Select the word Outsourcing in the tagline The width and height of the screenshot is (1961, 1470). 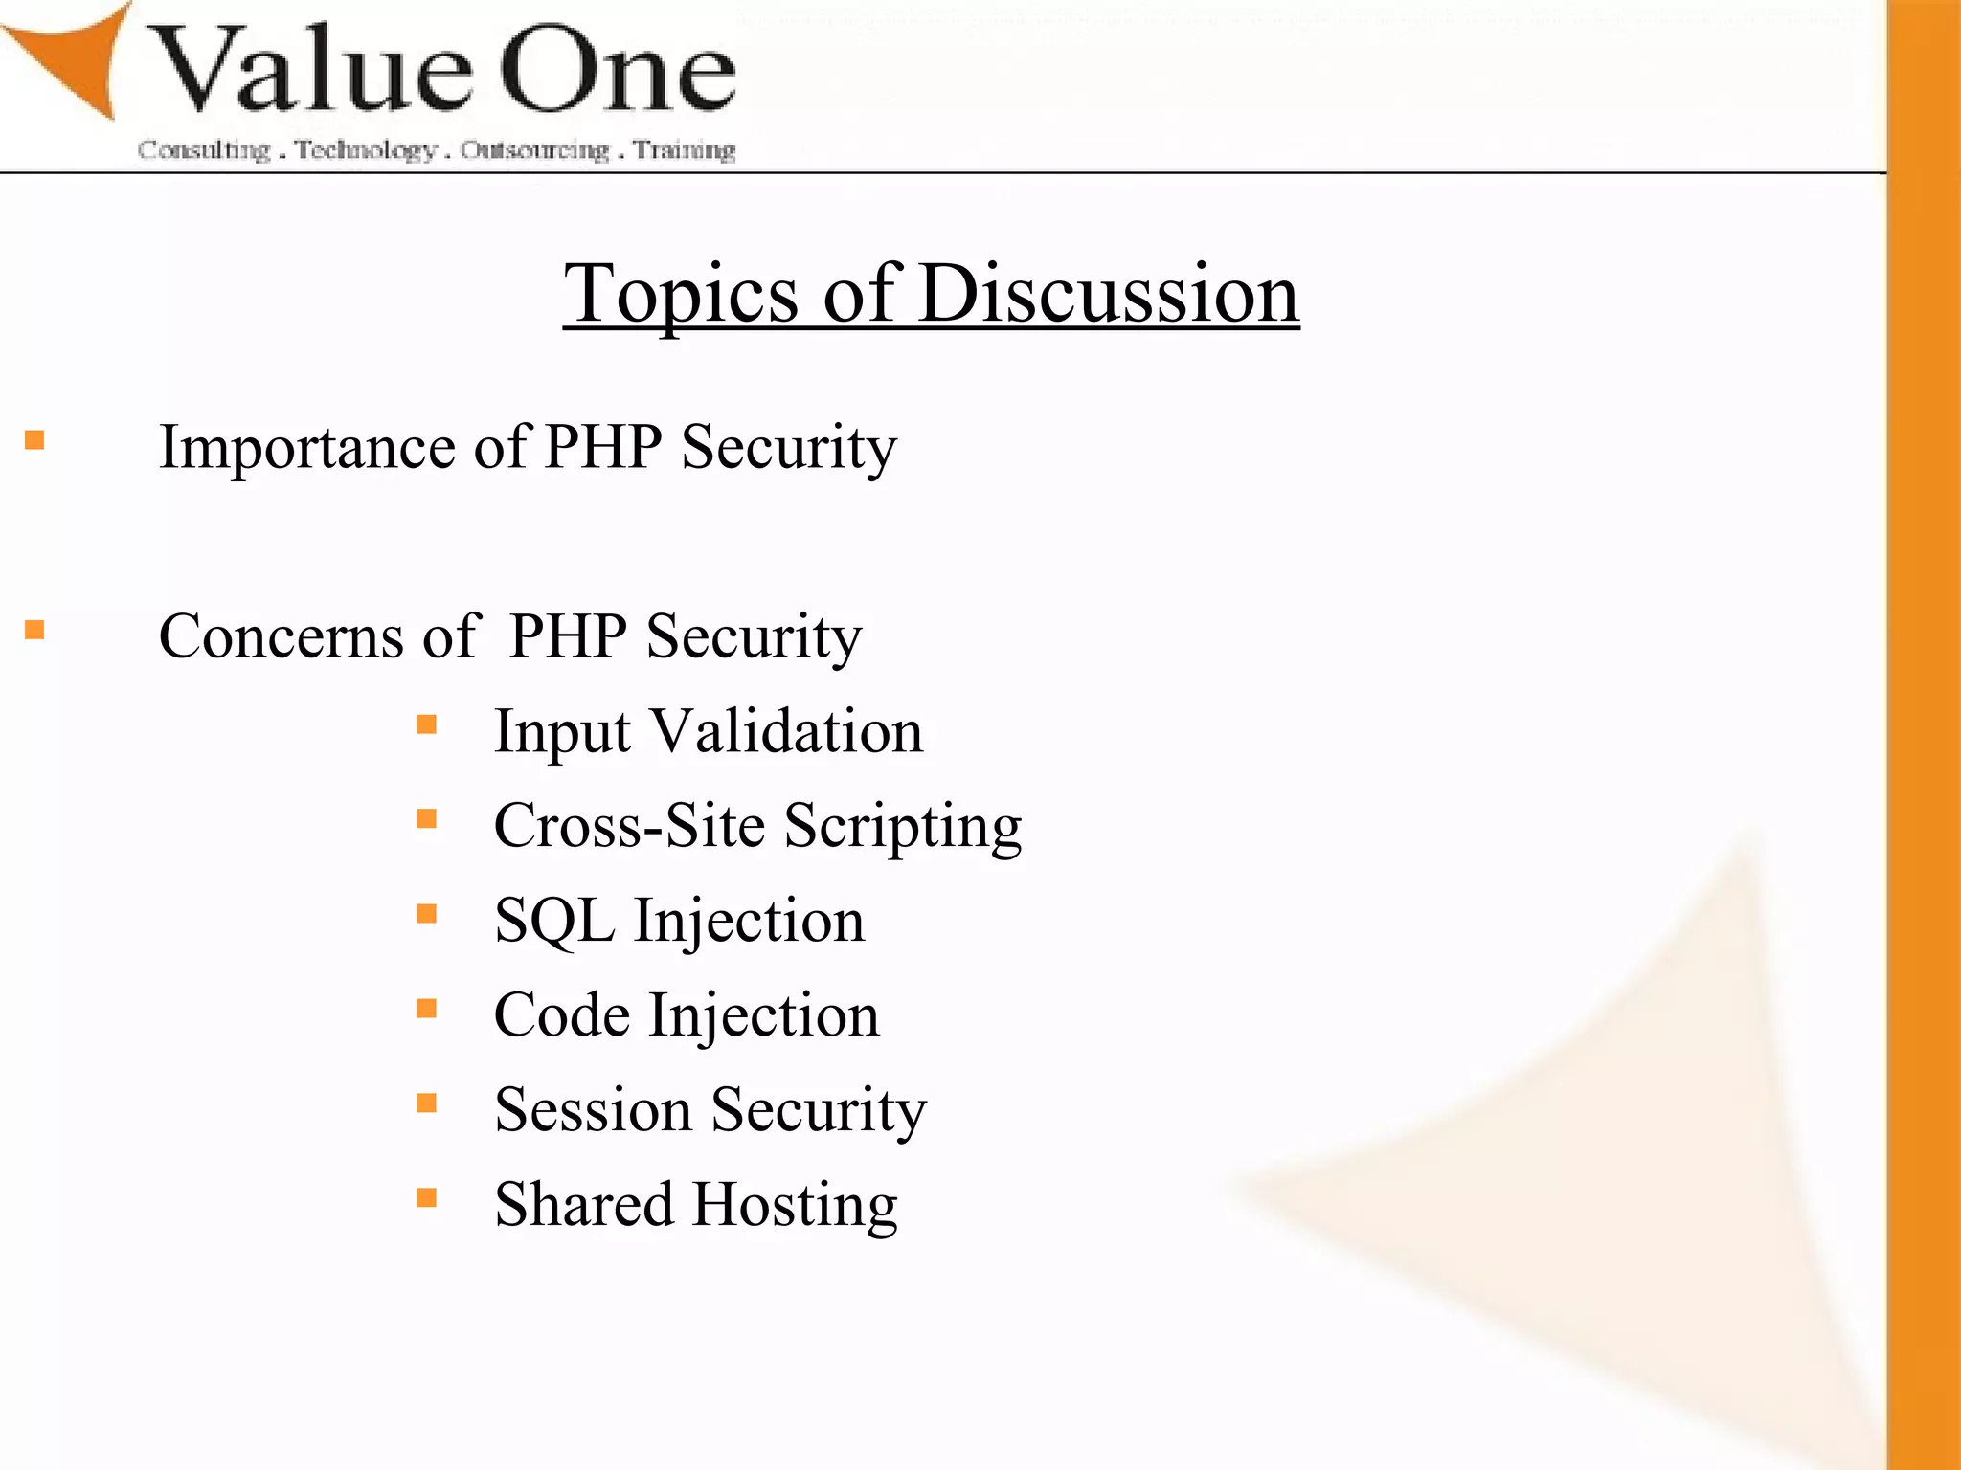pyautogui.click(x=534, y=150)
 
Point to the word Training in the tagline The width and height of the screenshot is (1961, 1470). pyautogui.click(x=685, y=150)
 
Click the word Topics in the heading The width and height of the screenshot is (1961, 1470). pyautogui.click(x=680, y=294)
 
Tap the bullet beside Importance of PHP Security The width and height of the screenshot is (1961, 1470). pyautogui.click(x=35, y=440)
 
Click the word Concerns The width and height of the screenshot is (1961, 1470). pyautogui.click(x=281, y=636)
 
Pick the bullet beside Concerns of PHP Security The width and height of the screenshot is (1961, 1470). pyautogui.click(x=35, y=630)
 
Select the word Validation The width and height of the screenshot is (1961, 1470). pyautogui.click(x=787, y=731)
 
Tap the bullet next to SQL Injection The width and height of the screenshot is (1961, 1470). pyautogui.click(x=427, y=914)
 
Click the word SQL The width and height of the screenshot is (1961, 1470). pyautogui.click(x=553, y=921)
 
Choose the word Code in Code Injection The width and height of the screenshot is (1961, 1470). pyautogui.click(x=561, y=1015)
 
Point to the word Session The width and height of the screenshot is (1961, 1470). pyautogui.click(x=593, y=1110)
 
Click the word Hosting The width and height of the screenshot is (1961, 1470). pyautogui.click(x=795, y=1204)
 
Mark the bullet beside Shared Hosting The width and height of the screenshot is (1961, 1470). pyautogui.click(x=427, y=1197)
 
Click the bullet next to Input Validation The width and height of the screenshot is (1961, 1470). pyautogui.click(x=427, y=724)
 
